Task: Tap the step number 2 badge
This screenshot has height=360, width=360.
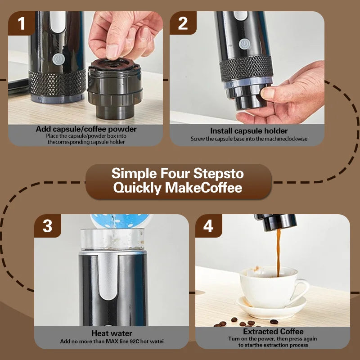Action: (x=183, y=23)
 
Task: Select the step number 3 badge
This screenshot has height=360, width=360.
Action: (x=47, y=226)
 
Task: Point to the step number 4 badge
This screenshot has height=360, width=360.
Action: (x=208, y=226)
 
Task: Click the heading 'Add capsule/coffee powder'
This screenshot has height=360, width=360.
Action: (x=86, y=130)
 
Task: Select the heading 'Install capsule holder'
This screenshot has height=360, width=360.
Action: (x=249, y=131)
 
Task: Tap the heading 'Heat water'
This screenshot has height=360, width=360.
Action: (x=112, y=333)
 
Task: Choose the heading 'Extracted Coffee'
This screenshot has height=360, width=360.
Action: (x=273, y=332)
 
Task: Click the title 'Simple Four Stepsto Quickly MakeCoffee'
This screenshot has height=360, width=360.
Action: (x=178, y=180)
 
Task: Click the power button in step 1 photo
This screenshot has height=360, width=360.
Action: (x=58, y=59)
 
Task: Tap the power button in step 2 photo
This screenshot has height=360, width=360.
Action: (x=244, y=44)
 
